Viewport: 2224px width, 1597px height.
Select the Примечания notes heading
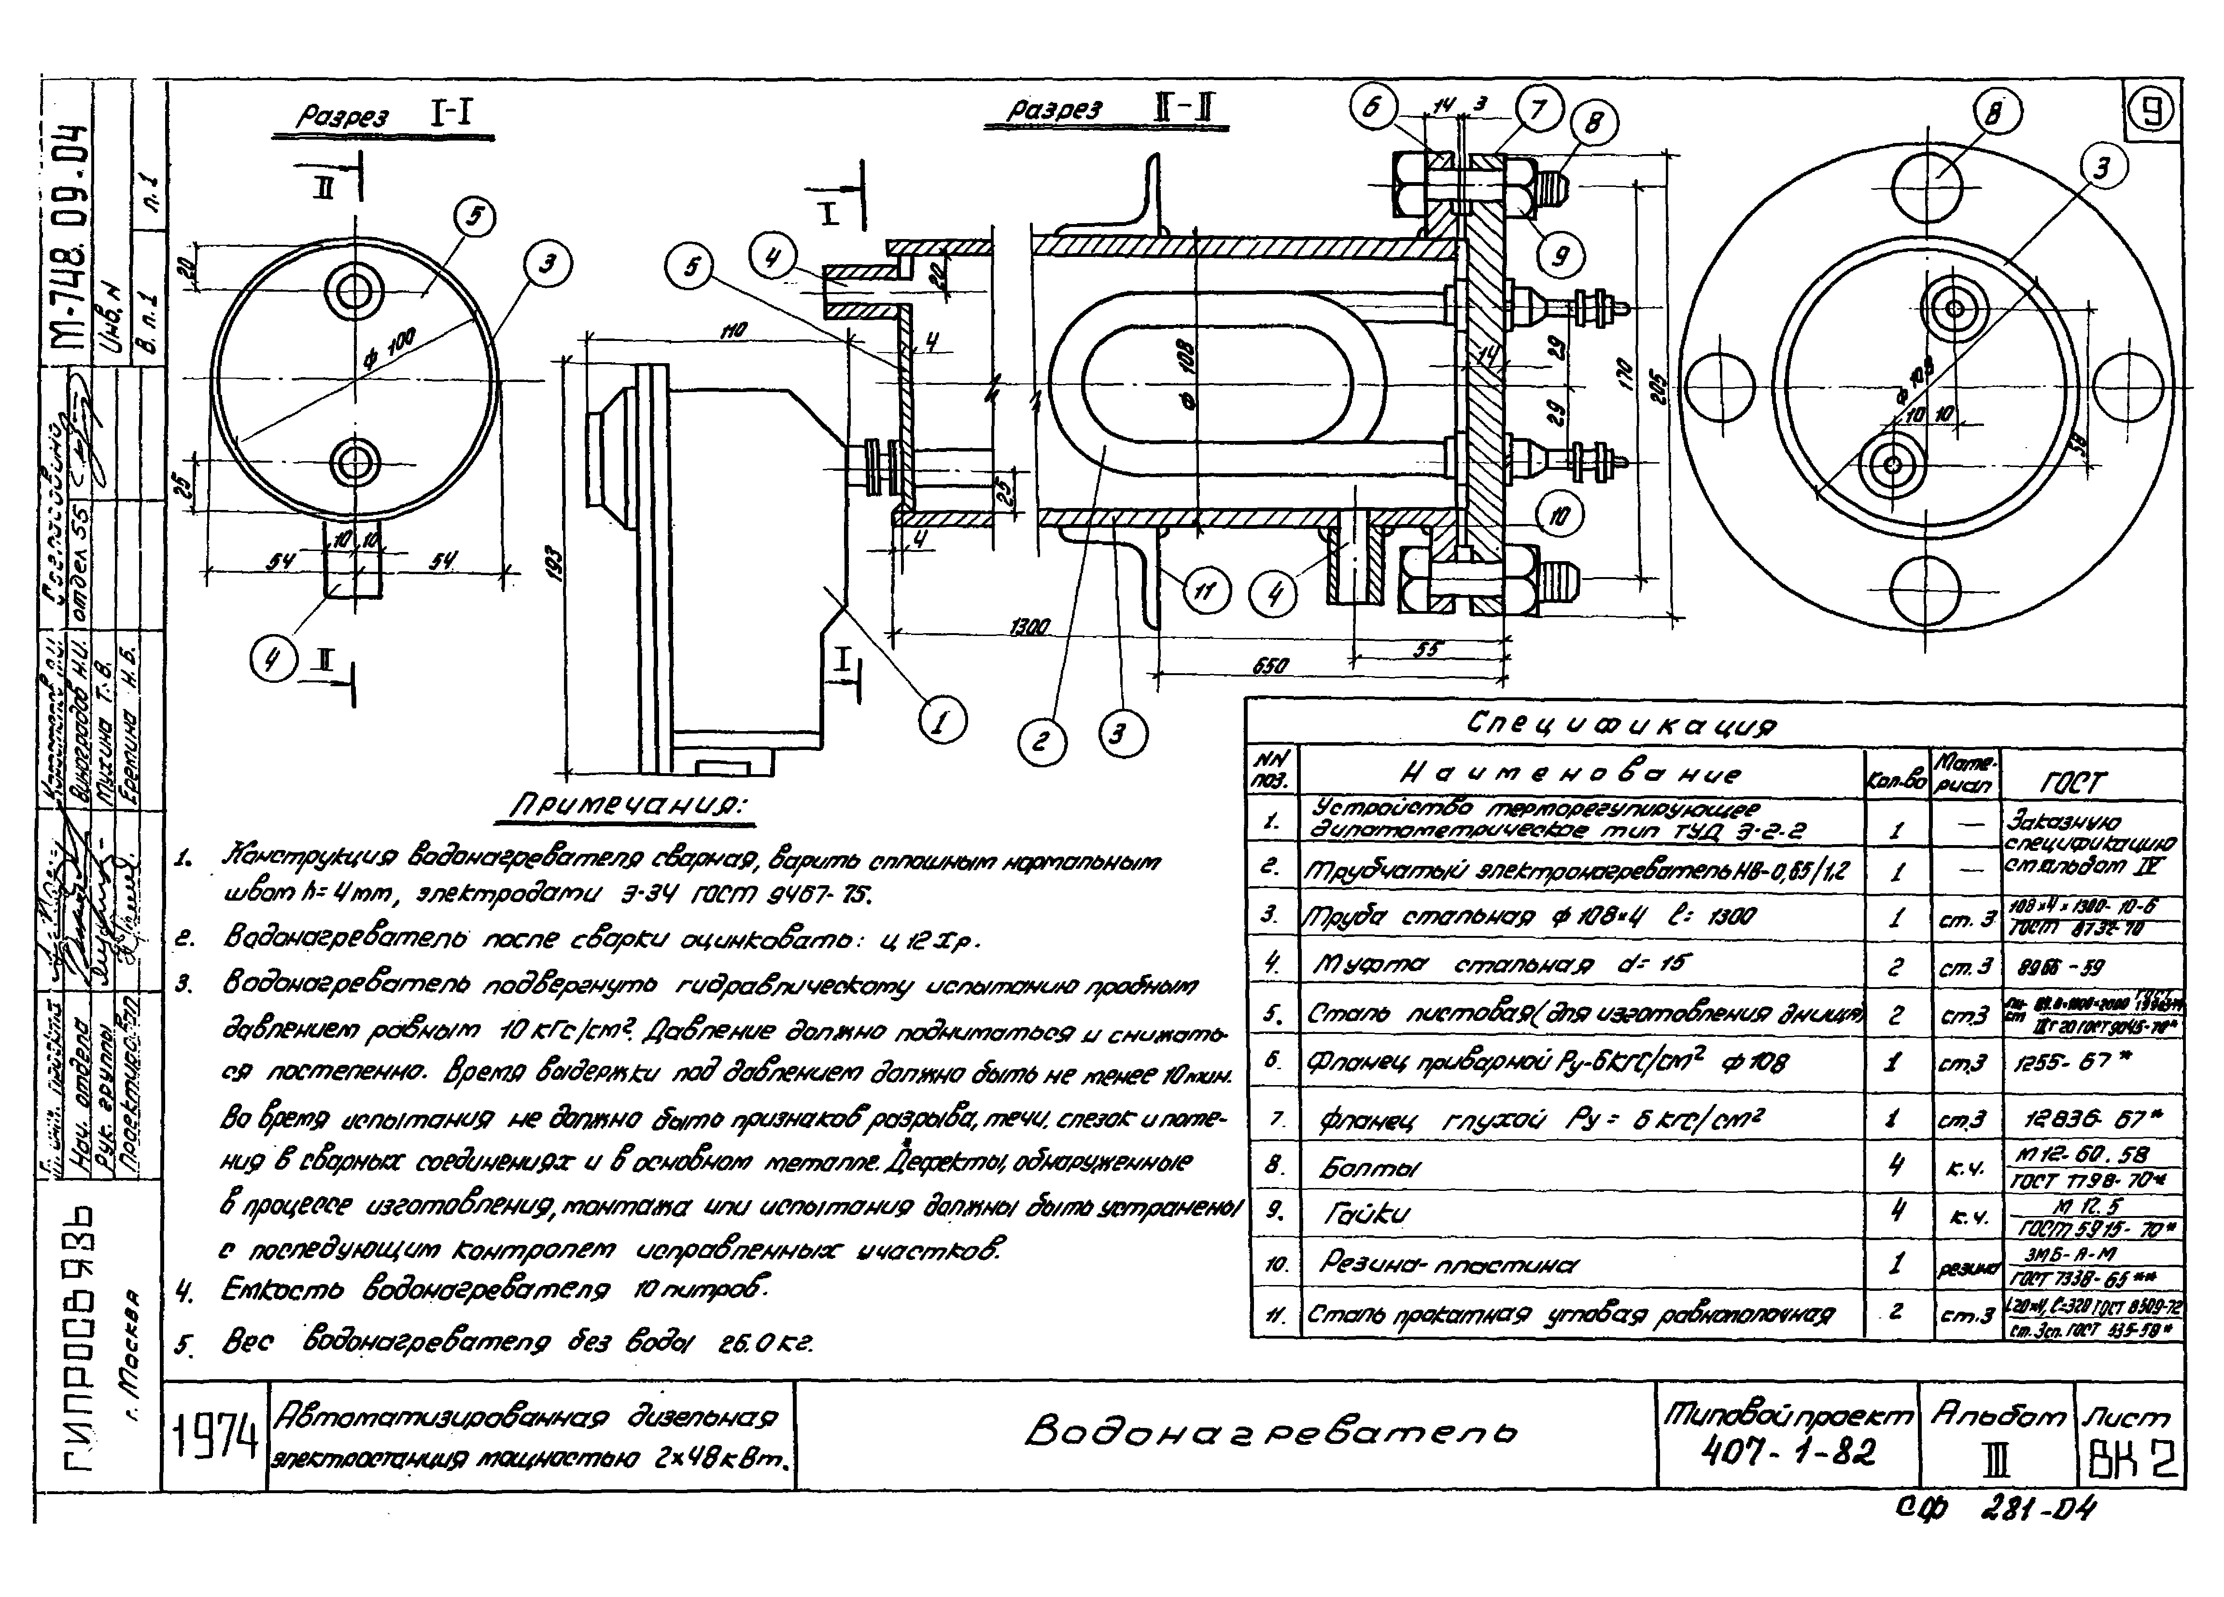coord(628,806)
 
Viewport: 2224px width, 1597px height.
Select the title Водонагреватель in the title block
coord(1270,1432)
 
